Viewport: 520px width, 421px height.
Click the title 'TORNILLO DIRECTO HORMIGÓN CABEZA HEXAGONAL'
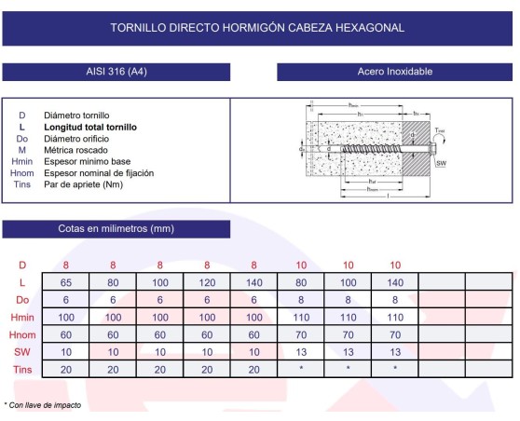pos(257,28)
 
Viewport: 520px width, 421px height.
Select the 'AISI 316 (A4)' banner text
pos(116,72)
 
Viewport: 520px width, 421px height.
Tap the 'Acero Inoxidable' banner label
pos(394,72)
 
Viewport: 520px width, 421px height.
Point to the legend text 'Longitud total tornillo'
pos(90,127)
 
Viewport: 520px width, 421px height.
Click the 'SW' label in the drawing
pos(442,163)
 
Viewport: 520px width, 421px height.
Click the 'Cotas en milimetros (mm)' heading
pos(116,228)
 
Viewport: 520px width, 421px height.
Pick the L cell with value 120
pos(207,282)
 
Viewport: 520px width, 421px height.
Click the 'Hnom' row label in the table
pos(22,334)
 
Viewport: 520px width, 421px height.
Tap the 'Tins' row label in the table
pos(22,370)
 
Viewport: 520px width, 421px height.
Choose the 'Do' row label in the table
pos(22,299)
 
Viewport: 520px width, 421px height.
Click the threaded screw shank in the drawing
pos(377,148)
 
